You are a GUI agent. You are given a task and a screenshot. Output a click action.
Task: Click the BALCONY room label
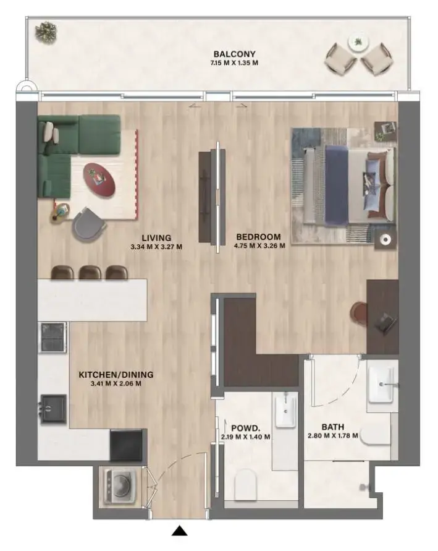click(x=235, y=54)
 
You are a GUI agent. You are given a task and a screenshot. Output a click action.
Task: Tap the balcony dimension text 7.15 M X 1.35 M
click(x=235, y=62)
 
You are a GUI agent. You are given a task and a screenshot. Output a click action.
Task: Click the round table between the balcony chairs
click(x=356, y=43)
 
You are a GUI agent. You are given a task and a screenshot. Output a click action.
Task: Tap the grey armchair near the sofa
click(x=89, y=224)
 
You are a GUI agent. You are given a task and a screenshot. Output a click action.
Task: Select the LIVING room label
click(x=156, y=237)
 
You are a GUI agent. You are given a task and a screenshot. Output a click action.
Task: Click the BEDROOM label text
click(x=259, y=237)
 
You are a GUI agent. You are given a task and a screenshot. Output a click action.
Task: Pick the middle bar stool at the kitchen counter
click(x=90, y=272)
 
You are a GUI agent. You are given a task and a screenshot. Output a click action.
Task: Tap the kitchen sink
click(x=53, y=409)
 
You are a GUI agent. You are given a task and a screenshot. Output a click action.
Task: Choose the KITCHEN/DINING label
click(x=116, y=374)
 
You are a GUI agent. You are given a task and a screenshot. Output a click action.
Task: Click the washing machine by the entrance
click(x=118, y=485)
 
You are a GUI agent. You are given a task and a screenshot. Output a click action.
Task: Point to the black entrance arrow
click(x=180, y=530)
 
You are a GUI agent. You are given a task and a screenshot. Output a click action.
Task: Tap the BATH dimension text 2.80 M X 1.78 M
click(x=333, y=437)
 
